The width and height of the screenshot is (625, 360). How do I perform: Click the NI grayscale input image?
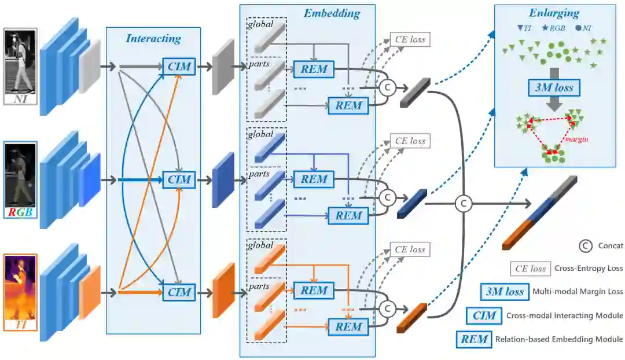20,67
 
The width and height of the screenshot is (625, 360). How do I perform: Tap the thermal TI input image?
20,292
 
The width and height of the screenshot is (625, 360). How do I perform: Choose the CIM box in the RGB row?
179,180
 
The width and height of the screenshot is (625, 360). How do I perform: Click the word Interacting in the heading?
153,39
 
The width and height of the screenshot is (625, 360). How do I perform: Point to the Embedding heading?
332,13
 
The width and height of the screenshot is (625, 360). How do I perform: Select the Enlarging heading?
554,13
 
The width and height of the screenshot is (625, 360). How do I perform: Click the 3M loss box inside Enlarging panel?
554,87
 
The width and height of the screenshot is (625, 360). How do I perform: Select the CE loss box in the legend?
530,269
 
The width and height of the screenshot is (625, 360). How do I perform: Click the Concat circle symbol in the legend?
586,245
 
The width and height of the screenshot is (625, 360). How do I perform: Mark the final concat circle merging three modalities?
463,203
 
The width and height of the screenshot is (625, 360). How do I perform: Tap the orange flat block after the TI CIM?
223,291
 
